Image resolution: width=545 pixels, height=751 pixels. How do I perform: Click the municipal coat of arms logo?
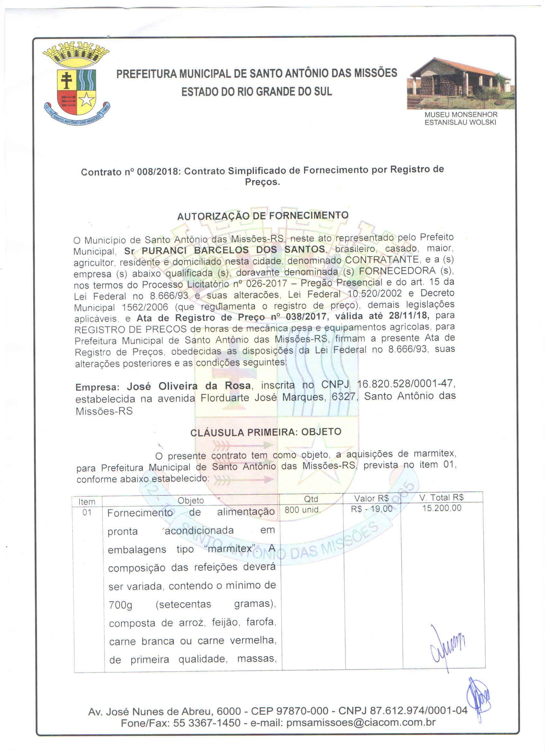click(76, 84)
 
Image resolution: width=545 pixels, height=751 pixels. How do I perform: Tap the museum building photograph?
click(460, 84)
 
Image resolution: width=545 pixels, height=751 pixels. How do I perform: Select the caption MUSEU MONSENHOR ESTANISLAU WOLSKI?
click(460, 118)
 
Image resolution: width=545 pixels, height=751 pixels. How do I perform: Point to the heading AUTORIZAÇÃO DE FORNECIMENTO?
click(263, 216)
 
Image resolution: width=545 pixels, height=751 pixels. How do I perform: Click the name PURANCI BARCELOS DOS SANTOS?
click(233, 250)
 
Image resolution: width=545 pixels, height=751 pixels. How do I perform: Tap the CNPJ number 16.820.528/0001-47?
click(406, 384)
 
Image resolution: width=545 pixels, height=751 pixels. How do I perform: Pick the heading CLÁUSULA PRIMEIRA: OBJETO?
click(266, 432)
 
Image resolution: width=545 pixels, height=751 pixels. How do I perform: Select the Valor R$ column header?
click(371, 498)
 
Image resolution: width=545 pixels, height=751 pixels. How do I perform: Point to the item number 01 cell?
click(87, 512)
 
